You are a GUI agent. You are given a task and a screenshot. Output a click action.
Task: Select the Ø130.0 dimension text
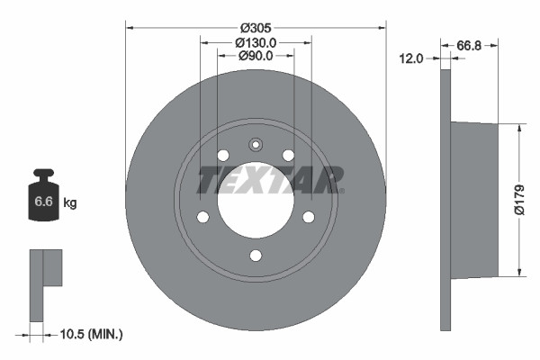(256, 42)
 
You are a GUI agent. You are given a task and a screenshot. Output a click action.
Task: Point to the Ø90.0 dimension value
(256, 57)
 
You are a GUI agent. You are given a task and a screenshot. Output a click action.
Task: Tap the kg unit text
(70, 203)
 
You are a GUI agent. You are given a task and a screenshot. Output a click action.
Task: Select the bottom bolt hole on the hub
(256, 256)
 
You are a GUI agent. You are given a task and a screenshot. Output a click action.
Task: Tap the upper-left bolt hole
(222, 156)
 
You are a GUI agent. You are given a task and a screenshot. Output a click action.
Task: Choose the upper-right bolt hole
(289, 156)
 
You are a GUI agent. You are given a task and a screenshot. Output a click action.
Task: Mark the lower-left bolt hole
(202, 217)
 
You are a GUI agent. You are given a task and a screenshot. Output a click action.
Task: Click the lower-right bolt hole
(309, 217)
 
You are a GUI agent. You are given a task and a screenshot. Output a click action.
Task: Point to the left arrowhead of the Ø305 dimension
(129, 27)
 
